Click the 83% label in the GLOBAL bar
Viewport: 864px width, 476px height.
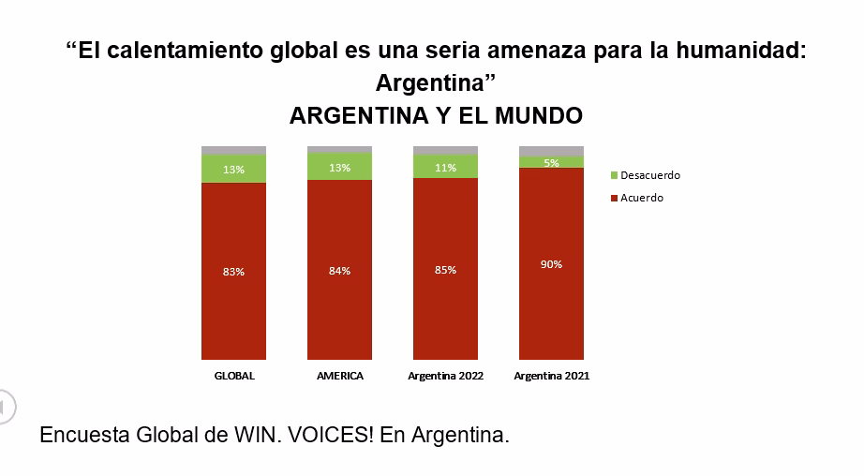(x=233, y=272)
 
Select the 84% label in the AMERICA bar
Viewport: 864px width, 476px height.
(x=339, y=271)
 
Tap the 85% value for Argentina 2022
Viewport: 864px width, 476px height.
(x=445, y=270)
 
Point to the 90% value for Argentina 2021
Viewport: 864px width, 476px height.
(x=551, y=264)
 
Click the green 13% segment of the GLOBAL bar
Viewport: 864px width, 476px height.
(x=233, y=169)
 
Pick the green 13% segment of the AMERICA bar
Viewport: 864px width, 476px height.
(x=339, y=167)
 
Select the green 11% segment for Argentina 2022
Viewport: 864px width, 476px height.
(x=445, y=167)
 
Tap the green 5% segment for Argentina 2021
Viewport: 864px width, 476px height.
(x=551, y=162)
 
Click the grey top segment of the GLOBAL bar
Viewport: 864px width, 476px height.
(x=233, y=150)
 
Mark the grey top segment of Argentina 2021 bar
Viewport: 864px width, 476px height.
(x=551, y=151)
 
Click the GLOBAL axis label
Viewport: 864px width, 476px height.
(x=234, y=376)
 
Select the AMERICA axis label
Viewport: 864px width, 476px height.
(x=339, y=376)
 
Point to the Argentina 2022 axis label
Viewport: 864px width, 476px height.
(x=445, y=376)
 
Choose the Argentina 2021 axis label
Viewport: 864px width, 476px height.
(x=551, y=376)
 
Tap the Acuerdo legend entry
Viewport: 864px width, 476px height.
(x=641, y=198)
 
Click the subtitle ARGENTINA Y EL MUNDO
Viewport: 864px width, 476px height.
(x=436, y=115)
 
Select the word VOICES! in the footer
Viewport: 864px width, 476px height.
(x=330, y=436)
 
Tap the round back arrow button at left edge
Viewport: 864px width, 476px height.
(x=5, y=406)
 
